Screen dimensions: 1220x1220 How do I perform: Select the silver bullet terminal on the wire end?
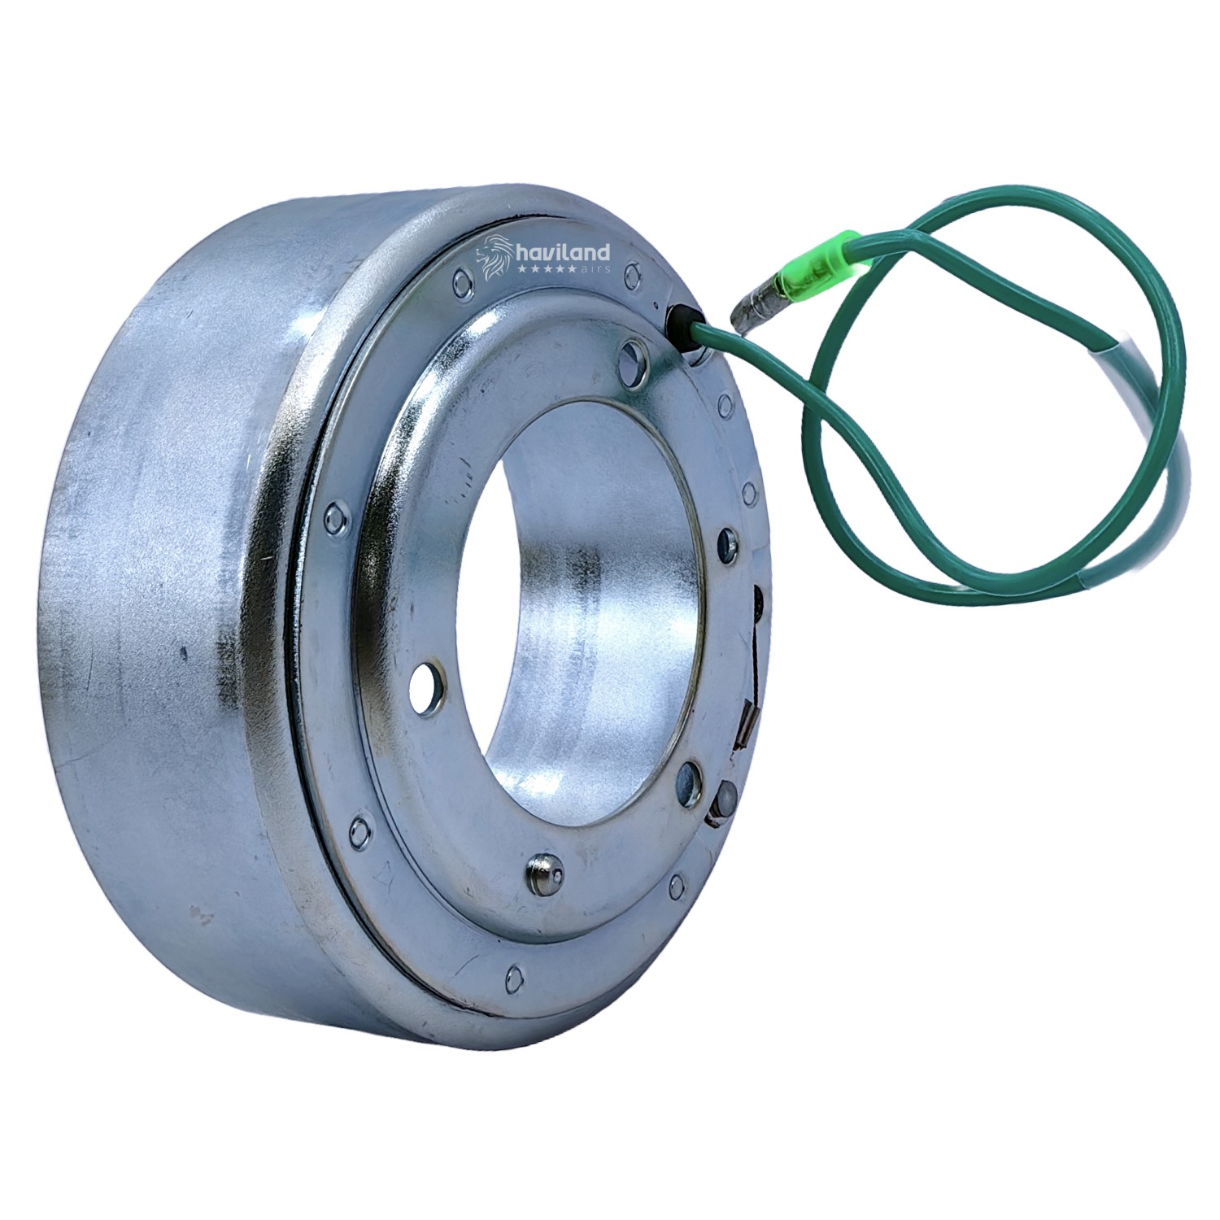pos(756,309)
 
